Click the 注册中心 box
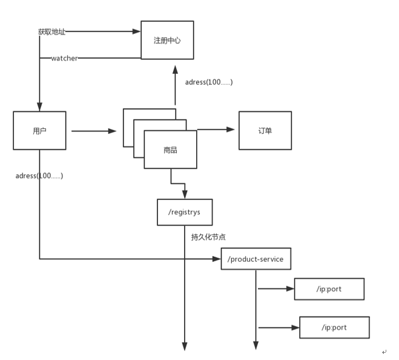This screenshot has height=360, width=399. pos(167,40)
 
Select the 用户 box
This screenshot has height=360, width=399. pos(39,130)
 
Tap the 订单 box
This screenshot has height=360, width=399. pos(265,130)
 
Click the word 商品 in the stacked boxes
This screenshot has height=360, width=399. pos(170,149)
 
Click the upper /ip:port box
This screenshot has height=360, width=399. pos(329,289)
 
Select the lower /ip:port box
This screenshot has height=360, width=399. pos(334,328)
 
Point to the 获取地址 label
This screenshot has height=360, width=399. pos(51,31)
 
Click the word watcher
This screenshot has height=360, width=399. pos(64,58)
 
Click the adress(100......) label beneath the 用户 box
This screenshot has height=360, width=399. pos(40,176)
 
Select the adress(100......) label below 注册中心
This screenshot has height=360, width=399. pos(209,82)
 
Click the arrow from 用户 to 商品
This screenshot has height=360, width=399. pos(93,130)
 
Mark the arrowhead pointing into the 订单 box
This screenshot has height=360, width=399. pos(230,129)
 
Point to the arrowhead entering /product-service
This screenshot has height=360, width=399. pos(217,259)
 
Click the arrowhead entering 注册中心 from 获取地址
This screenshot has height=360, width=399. pos(136,30)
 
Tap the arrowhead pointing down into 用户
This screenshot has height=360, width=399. pos(39,107)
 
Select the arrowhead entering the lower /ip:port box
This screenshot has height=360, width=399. pos(295,328)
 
